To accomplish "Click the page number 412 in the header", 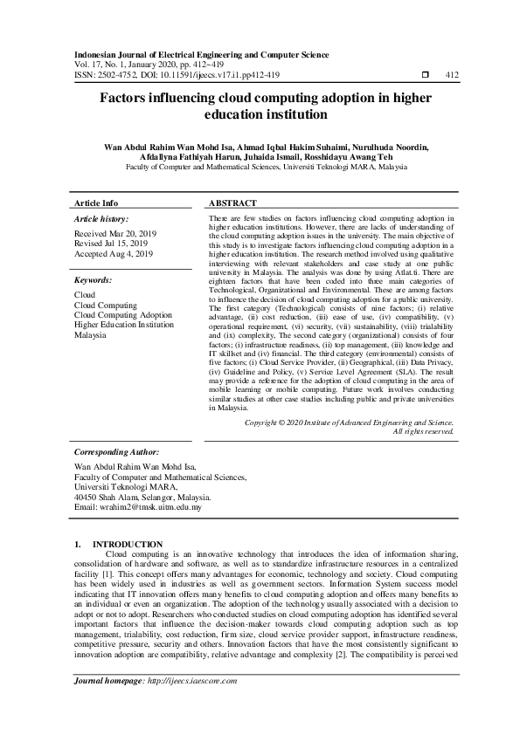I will (x=452, y=74).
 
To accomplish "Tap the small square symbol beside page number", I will (x=425, y=74).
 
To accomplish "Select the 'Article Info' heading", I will (x=96, y=203).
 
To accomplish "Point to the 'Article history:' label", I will (x=101, y=218).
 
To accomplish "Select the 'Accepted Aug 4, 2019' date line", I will (x=114, y=254).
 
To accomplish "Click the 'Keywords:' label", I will (x=93, y=280).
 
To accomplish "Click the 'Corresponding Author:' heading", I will (x=116, y=453).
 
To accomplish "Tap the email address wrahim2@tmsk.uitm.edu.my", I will (x=153, y=507).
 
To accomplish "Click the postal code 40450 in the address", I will (x=86, y=497).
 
